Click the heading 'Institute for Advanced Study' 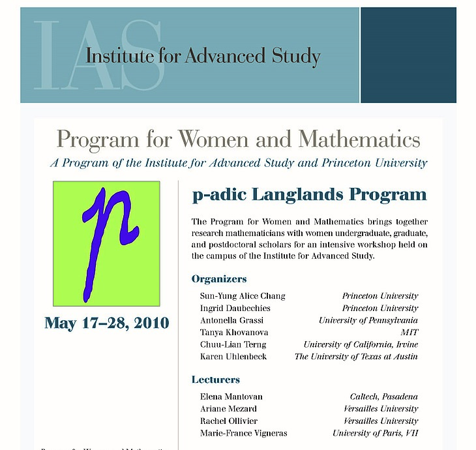click(203, 56)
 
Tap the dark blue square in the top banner click(408, 55)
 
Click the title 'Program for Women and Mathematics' click(238, 139)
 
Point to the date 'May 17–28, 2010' click(106, 323)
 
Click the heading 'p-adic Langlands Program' click(309, 194)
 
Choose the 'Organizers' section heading click(219, 279)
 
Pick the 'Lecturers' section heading click(216, 380)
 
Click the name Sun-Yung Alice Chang click(243, 296)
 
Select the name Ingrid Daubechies click(235, 308)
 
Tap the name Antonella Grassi click(233, 320)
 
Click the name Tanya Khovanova click(233, 333)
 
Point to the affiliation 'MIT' click(409, 333)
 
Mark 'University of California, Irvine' click(361, 344)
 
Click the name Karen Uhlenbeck click(233, 357)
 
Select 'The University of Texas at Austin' click(356, 357)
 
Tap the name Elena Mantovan click(231, 397)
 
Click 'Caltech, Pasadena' click(383, 397)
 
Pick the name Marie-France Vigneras click(243, 433)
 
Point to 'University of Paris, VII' click(375, 433)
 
